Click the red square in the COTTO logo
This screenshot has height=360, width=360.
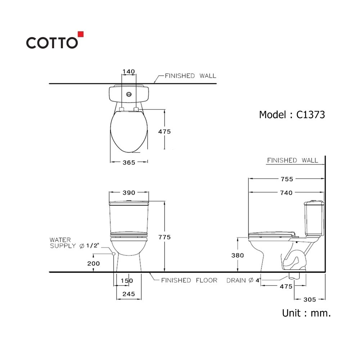coord(81,34)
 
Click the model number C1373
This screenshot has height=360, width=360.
coord(310,115)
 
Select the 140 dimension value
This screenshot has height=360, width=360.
coord(129,72)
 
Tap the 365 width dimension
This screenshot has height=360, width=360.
coord(129,163)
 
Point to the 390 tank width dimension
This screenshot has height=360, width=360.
coord(129,193)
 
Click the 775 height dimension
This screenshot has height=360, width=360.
coord(165,237)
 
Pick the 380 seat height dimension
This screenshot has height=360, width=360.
coord(237,255)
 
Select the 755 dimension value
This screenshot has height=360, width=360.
coord(287,179)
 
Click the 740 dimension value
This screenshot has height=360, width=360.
coord(286,193)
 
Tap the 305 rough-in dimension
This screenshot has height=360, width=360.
coord(310,300)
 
